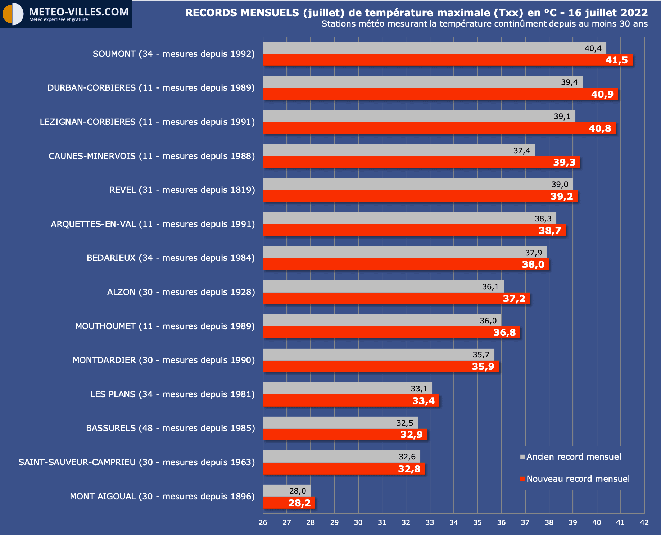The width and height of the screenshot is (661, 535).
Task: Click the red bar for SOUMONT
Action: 432,60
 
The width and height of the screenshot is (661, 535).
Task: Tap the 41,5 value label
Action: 616,60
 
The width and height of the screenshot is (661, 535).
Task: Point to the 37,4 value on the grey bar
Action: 521,150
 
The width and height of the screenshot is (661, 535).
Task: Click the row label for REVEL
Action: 182,190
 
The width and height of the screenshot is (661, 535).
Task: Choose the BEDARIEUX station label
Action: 171,258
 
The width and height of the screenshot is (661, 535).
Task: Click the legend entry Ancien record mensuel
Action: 574,457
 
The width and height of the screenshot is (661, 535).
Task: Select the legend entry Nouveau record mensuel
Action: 578,479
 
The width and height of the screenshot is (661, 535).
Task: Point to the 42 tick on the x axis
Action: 644,522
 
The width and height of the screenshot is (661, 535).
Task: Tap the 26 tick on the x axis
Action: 263,522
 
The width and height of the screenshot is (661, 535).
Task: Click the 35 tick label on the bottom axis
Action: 477,522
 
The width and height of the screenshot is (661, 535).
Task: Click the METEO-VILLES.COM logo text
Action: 79,12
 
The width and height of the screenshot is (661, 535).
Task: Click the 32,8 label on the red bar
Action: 409,469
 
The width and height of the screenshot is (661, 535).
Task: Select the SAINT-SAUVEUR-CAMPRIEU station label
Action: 137,462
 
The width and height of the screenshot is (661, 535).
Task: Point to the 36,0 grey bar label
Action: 488,321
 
